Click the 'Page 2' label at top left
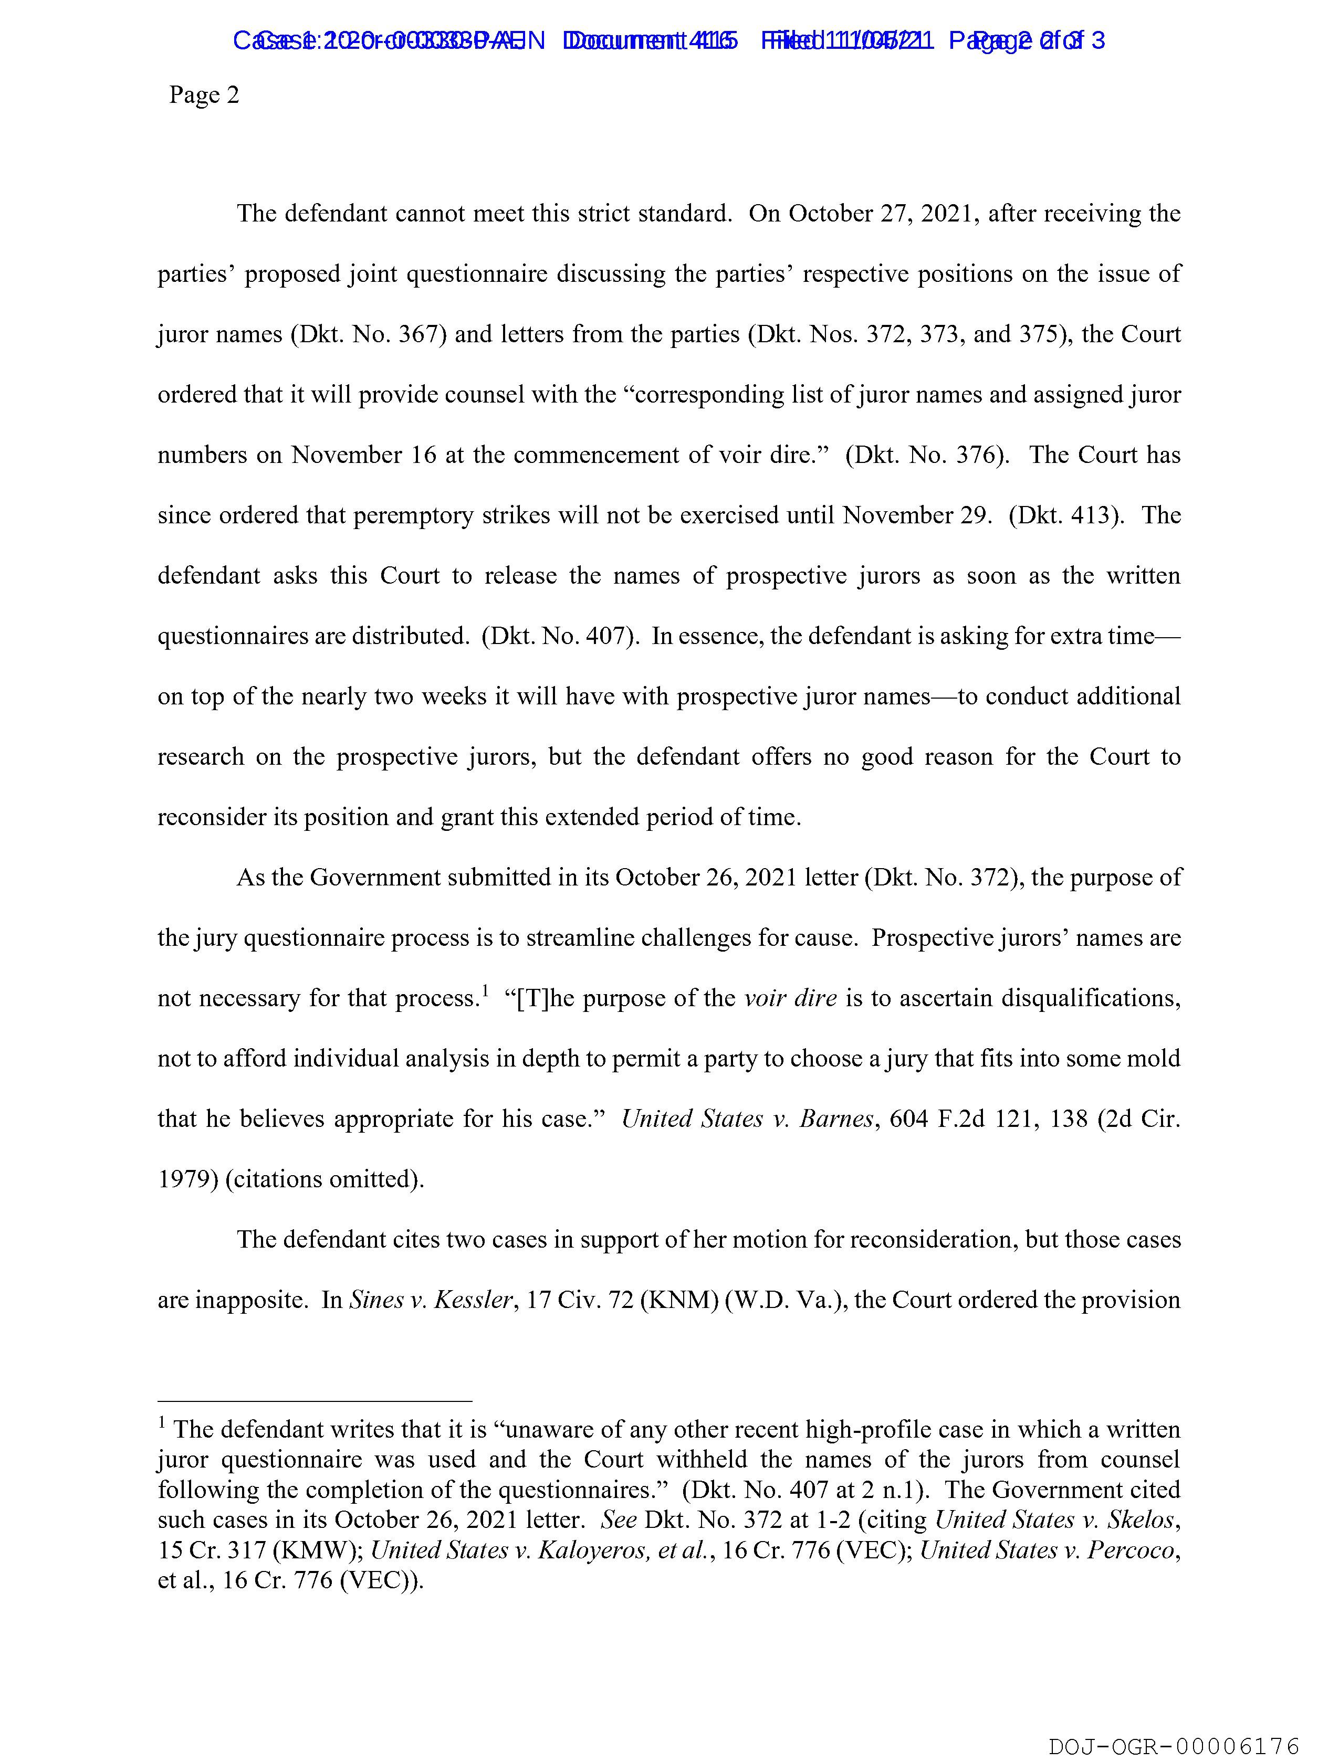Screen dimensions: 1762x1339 click(204, 96)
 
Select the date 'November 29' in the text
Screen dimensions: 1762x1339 click(917, 515)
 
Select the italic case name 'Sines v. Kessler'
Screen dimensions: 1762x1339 click(431, 1300)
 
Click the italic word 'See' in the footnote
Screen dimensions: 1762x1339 click(619, 1520)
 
